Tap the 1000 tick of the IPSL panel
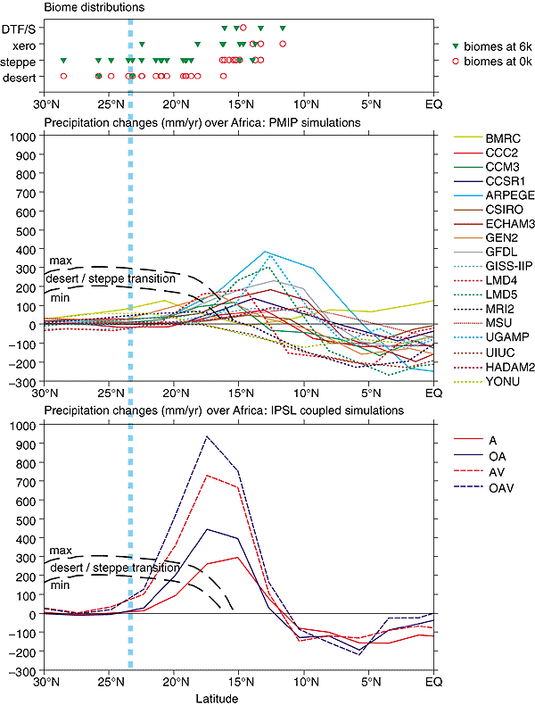(x=22, y=426)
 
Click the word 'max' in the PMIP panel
(x=61, y=261)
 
